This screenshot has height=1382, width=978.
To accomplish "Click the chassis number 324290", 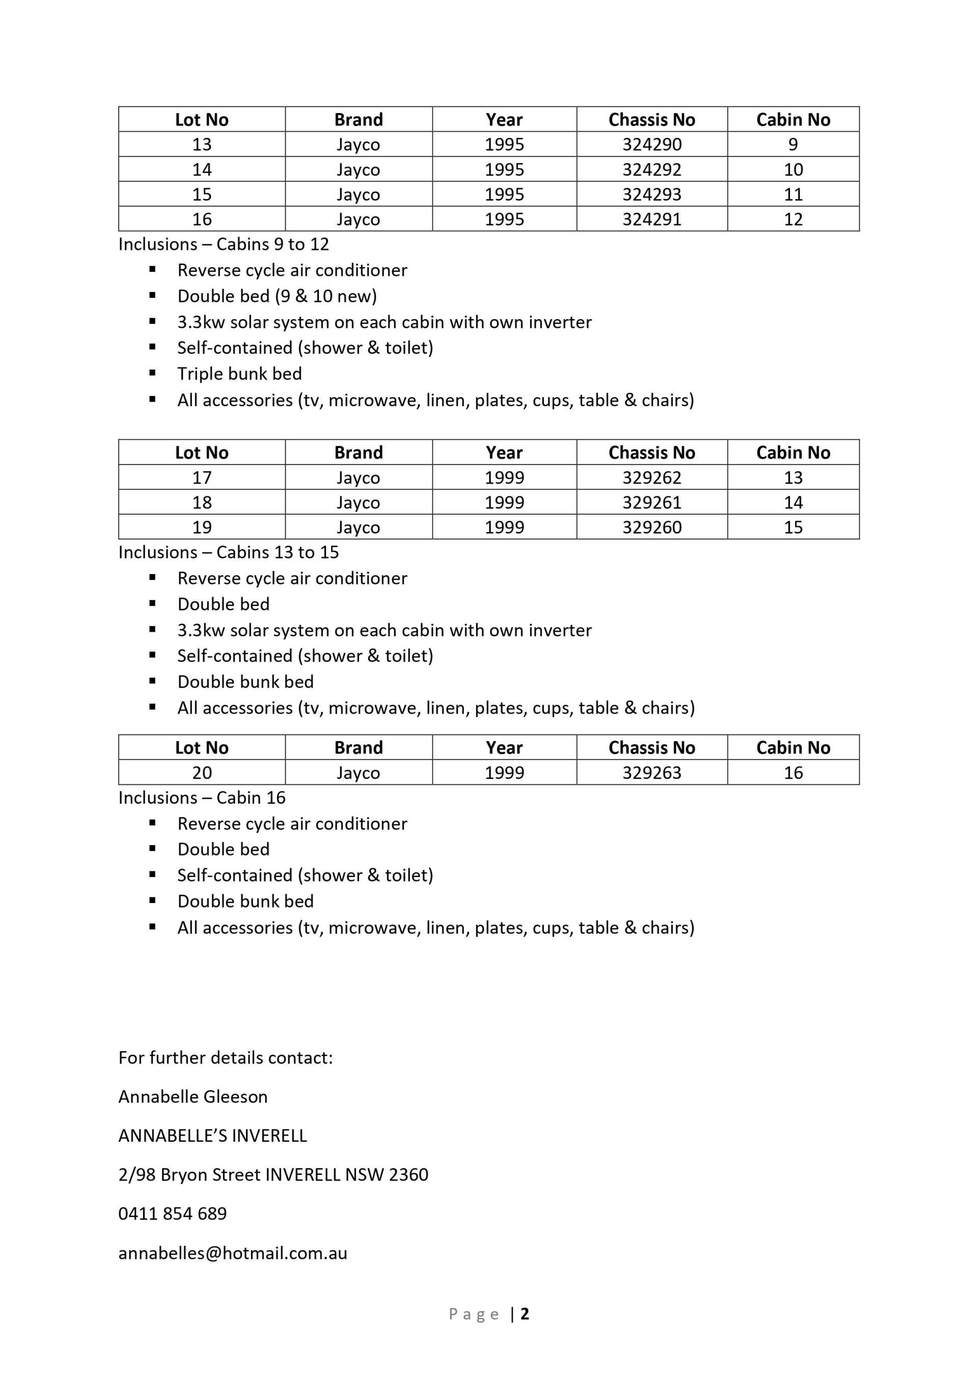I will [651, 145].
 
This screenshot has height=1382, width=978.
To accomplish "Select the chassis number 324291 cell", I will [651, 219].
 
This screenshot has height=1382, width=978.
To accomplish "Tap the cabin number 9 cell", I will [793, 145].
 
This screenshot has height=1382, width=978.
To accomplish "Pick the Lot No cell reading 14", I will [202, 170].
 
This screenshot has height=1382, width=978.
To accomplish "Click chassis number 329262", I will [651, 477].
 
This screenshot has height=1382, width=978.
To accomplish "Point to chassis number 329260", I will [651, 527].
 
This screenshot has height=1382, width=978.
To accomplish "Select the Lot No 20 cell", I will [202, 772].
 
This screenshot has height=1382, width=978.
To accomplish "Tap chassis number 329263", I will [651, 772].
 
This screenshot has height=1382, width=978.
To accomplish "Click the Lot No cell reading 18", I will [202, 502].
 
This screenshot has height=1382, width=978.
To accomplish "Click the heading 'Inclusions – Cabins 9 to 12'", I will [224, 244].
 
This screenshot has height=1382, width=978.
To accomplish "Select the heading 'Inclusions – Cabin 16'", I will [202, 798].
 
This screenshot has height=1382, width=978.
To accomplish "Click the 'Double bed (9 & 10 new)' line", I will [277, 296].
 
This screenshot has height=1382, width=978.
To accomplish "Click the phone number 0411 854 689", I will [172, 1214].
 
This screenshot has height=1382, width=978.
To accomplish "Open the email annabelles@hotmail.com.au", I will [232, 1253].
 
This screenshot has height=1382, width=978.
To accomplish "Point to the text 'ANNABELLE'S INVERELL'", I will [212, 1136].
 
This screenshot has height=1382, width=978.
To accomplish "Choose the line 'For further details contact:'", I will [225, 1058].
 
